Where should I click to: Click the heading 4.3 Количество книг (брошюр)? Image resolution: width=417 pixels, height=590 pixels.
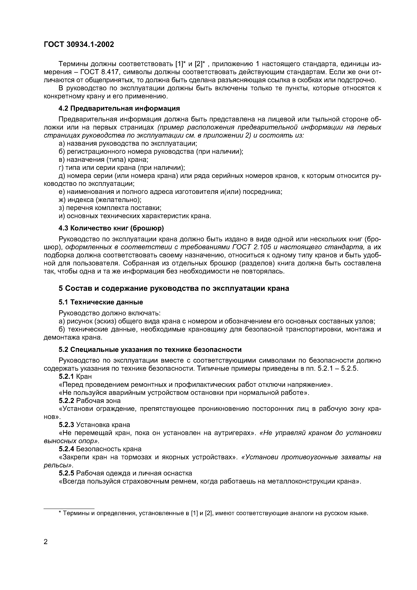pyautogui.click(x=111, y=228)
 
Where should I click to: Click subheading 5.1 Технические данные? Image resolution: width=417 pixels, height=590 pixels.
pyautogui.click(x=101, y=302)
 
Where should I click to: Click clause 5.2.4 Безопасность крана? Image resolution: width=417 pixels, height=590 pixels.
pyautogui.click(x=100, y=449)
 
